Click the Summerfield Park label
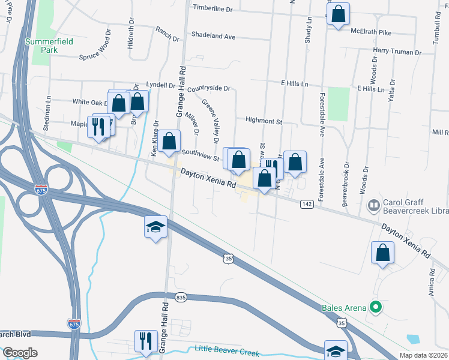tap(41, 46)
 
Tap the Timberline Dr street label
tap(212, 8)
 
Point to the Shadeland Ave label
tap(213, 36)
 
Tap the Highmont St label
tap(264, 121)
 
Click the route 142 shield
tap(306, 204)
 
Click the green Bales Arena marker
tap(376, 308)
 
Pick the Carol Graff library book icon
tap(373, 206)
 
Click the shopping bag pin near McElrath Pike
tap(339, 14)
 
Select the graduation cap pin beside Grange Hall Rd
tap(155, 227)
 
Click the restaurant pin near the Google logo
tap(146, 341)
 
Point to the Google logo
tap(20, 353)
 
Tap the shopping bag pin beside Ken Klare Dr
tap(170, 142)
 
